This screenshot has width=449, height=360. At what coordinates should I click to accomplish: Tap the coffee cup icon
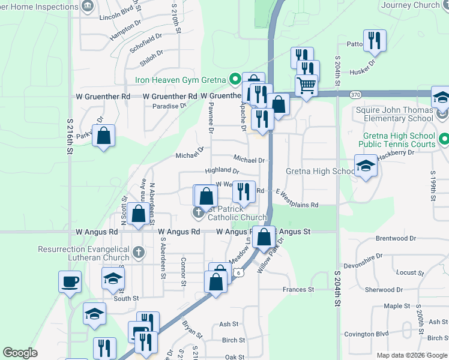[x=70, y=281]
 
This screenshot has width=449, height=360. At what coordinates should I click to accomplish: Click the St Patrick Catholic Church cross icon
[x=198, y=212]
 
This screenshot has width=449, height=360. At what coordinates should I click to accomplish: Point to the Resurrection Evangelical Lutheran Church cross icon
[x=138, y=253]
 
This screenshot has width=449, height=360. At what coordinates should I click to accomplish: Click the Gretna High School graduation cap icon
[x=366, y=166]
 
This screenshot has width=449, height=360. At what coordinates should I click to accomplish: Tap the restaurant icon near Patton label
[x=375, y=41]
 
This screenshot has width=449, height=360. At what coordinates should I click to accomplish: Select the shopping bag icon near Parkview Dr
[x=104, y=135]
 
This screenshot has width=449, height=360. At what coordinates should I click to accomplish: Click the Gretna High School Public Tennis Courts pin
[x=444, y=139]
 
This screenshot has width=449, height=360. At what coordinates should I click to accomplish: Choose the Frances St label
[x=298, y=290]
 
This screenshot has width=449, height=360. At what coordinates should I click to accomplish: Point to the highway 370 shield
[x=356, y=94]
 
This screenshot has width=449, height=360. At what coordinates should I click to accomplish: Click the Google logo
[x=20, y=353]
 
